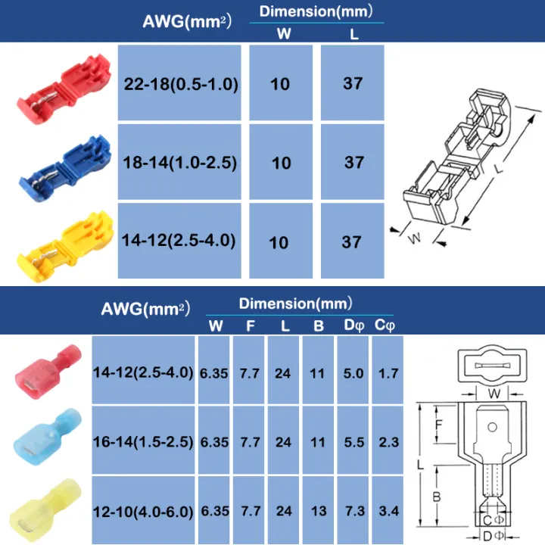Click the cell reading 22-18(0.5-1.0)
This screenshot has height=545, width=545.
click(180, 84)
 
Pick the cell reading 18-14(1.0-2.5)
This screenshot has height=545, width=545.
click(180, 163)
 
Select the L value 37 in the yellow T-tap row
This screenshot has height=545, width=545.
click(353, 241)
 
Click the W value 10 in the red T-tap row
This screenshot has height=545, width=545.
click(280, 84)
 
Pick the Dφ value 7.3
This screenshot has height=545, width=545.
click(353, 511)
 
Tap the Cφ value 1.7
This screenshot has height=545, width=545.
click(388, 373)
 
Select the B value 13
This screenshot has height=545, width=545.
click(319, 511)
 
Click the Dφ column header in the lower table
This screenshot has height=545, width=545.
click(353, 326)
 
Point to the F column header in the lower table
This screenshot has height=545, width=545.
click(250, 326)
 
